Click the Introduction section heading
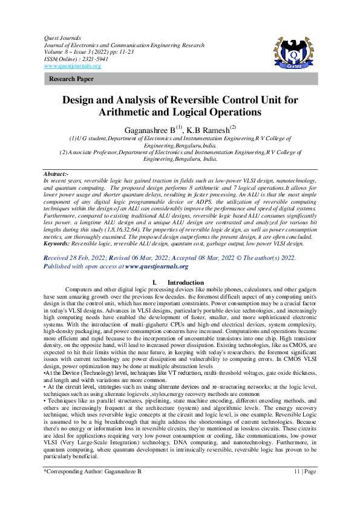185,283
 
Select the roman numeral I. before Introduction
155,283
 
